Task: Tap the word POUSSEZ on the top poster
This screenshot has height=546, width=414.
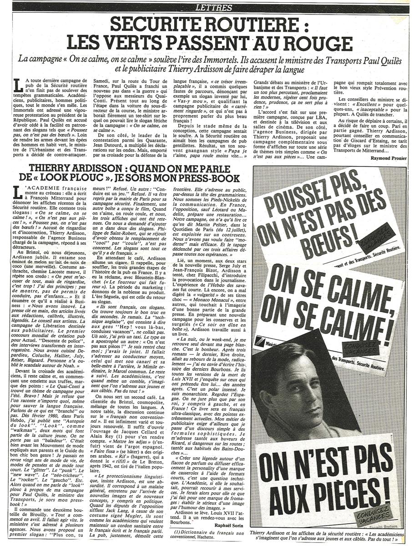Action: point(300,191)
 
